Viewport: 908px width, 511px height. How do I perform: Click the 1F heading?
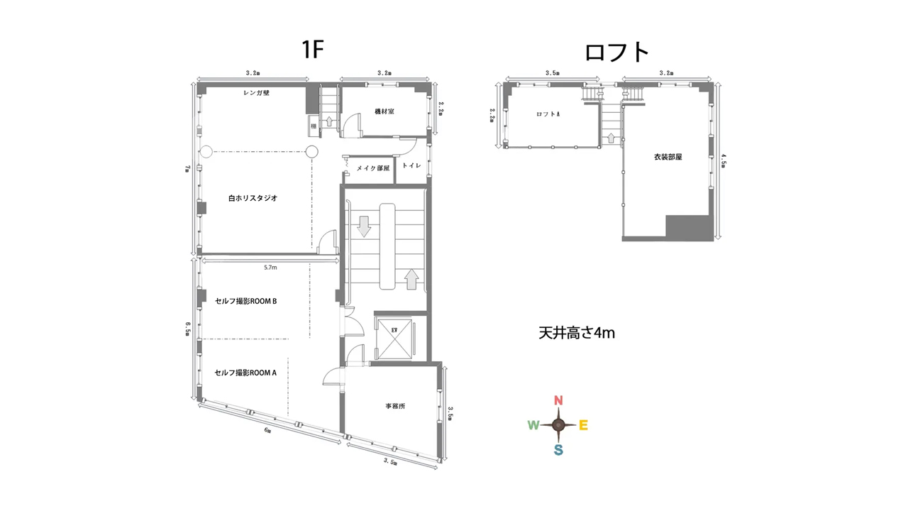(313, 50)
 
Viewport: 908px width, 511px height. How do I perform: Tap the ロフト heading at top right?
(617, 53)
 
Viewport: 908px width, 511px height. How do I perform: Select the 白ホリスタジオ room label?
(253, 198)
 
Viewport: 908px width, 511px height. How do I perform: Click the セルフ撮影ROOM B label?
(245, 301)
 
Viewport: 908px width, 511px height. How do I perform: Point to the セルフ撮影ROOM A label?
(245, 373)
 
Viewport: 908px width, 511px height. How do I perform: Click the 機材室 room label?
(384, 111)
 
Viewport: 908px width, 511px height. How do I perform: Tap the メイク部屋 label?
(373, 168)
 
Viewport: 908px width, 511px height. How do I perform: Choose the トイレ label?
(411, 165)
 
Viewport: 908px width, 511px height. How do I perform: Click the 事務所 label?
(395, 406)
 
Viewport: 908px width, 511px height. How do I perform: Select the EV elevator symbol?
(394, 339)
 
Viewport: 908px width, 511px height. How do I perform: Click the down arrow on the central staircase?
(364, 226)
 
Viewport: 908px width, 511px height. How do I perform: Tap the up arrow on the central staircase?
(411, 279)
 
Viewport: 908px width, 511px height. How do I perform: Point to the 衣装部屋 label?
(668, 157)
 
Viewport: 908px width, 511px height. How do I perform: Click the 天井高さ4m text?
(577, 333)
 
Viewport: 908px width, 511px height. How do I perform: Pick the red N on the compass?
(558, 401)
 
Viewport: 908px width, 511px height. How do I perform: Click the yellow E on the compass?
(583, 425)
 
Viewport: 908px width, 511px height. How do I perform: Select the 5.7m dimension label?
(270, 268)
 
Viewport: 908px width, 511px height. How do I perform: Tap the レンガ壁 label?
(256, 92)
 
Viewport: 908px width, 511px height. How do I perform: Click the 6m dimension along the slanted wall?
(267, 430)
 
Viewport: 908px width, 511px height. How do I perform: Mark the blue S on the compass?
(558, 450)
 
